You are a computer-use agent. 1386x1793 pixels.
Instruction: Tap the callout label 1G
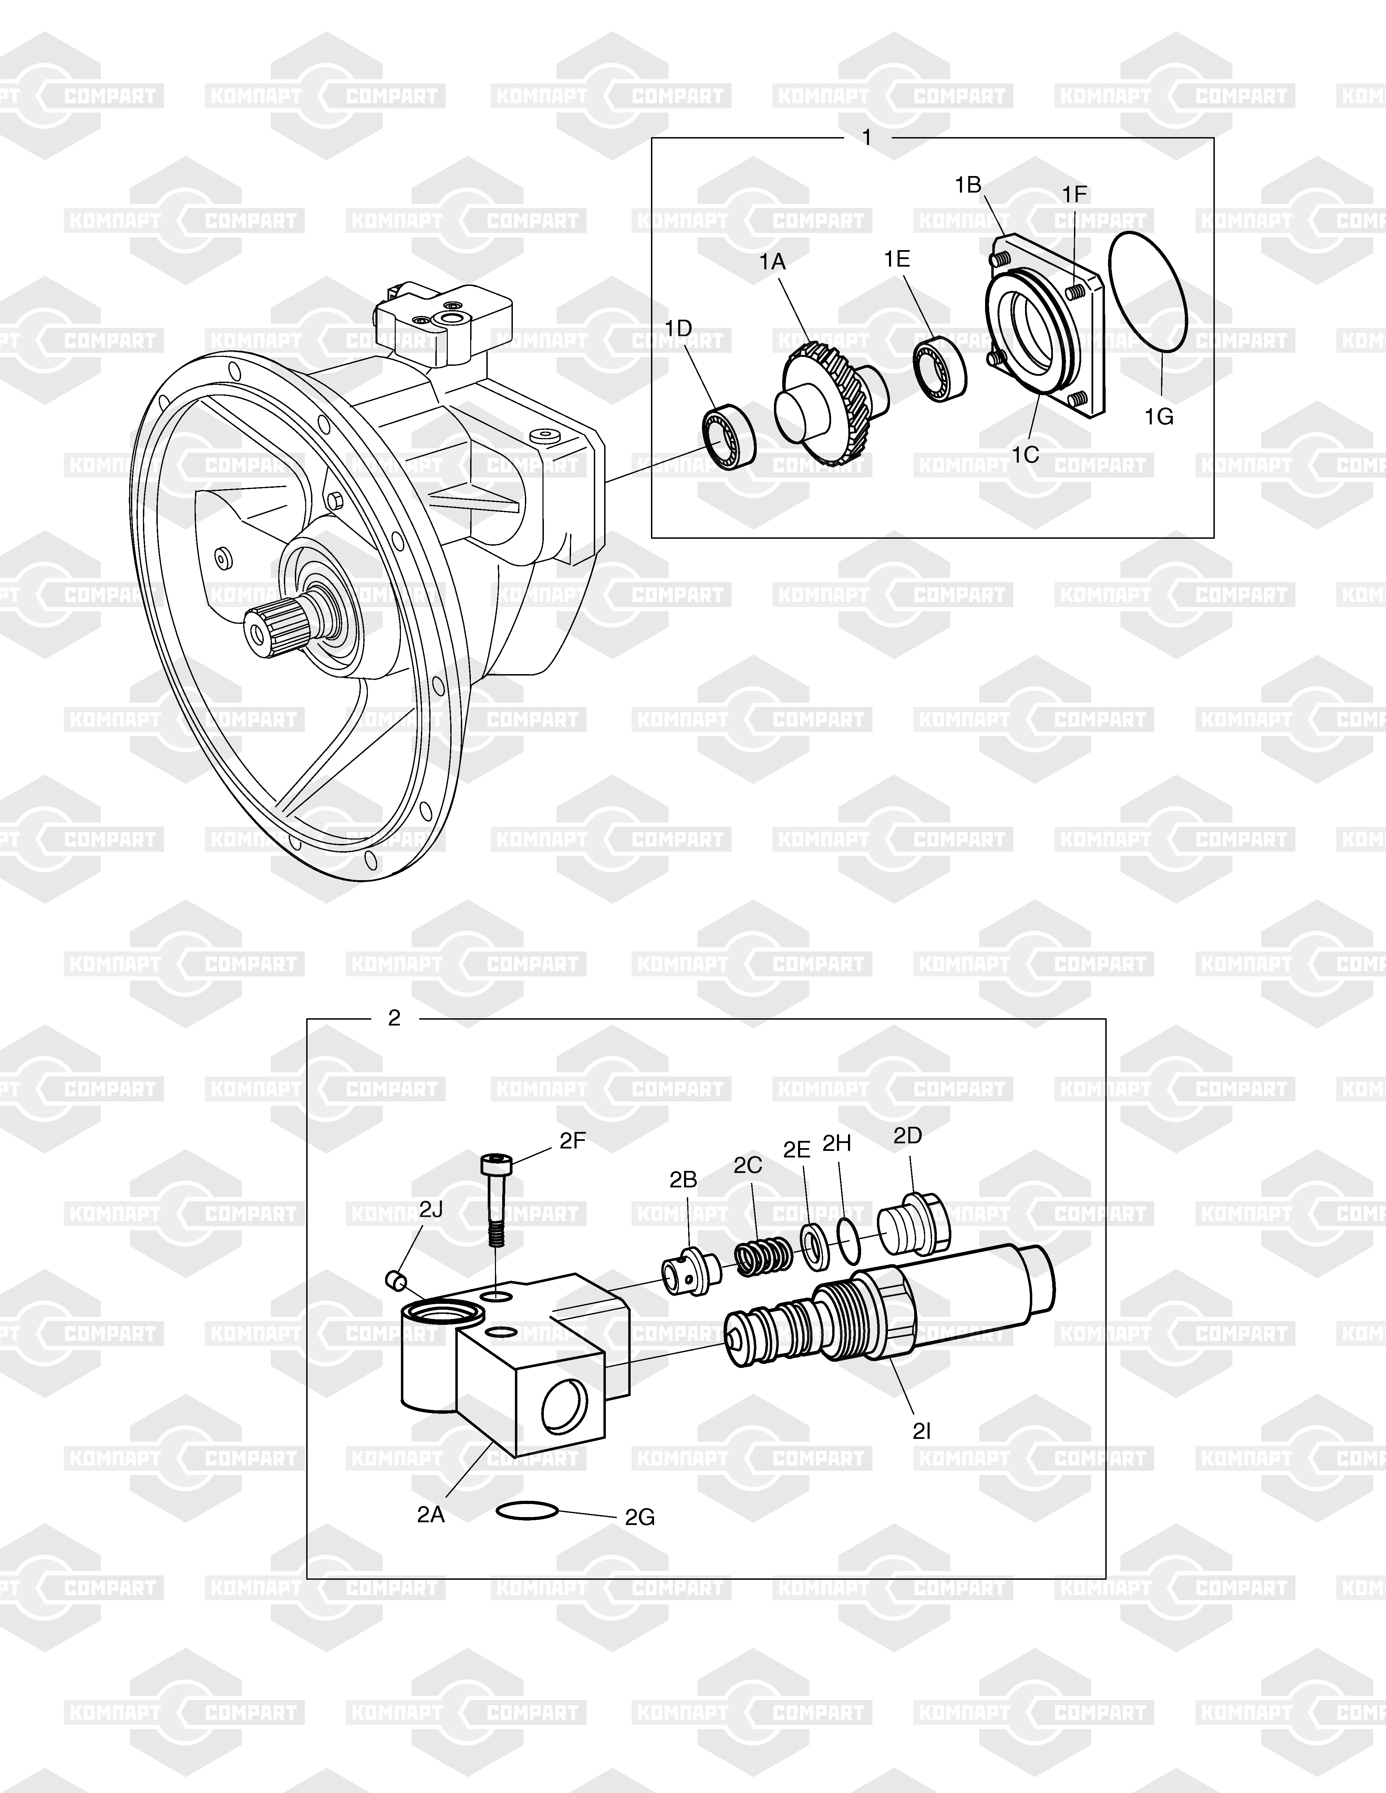tap(1159, 417)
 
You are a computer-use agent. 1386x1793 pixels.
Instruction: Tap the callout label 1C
tap(1025, 454)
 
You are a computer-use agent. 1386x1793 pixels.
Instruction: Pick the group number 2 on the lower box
tap(394, 1018)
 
